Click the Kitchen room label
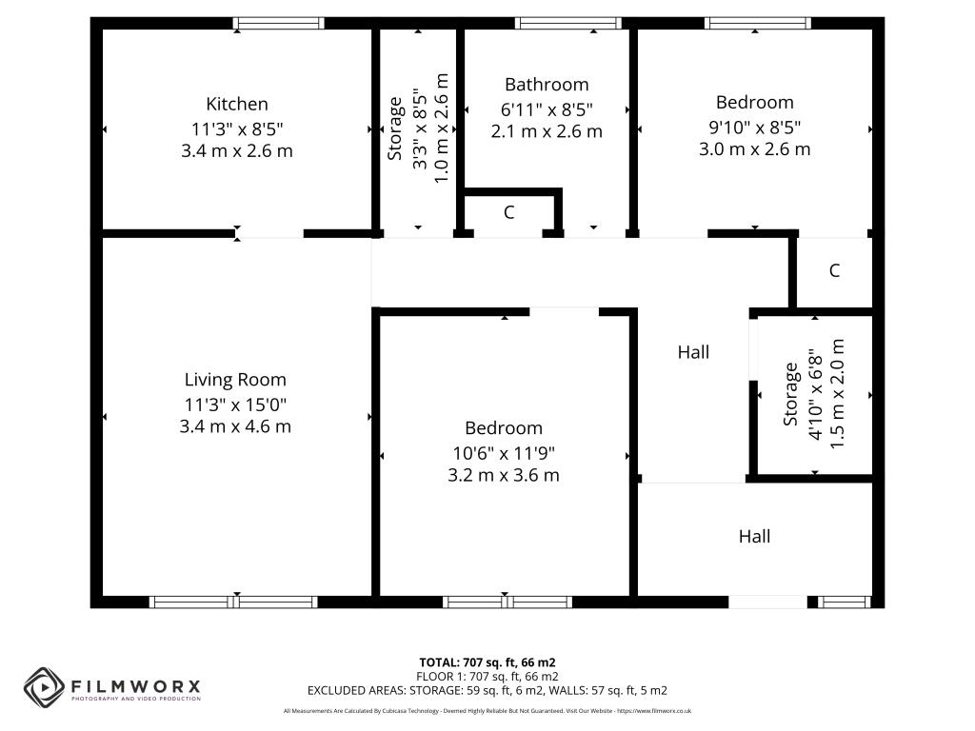(x=237, y=104)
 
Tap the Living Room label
(x=235, y=380)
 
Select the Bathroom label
(x=547, y=85)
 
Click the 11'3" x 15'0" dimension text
(x=235, y=405)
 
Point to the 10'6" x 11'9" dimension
(x=504, y=453)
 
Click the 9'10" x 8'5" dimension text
(x=755, y=127)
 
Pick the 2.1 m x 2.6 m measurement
(x=547, y=131)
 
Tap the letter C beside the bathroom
(x=509, y=212)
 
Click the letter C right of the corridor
(x=834, y=270)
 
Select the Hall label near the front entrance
(x=754, y=537)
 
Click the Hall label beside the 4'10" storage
(x=693, y=352)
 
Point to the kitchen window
(x=279, y=24)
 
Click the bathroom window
(x=568, y=24)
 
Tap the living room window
(x=233, y=602)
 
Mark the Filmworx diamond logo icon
(x=44, y=687)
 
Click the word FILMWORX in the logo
(x=135, y=686)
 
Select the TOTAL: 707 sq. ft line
(x=487, y=662)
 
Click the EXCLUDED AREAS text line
(x=487, y=691)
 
